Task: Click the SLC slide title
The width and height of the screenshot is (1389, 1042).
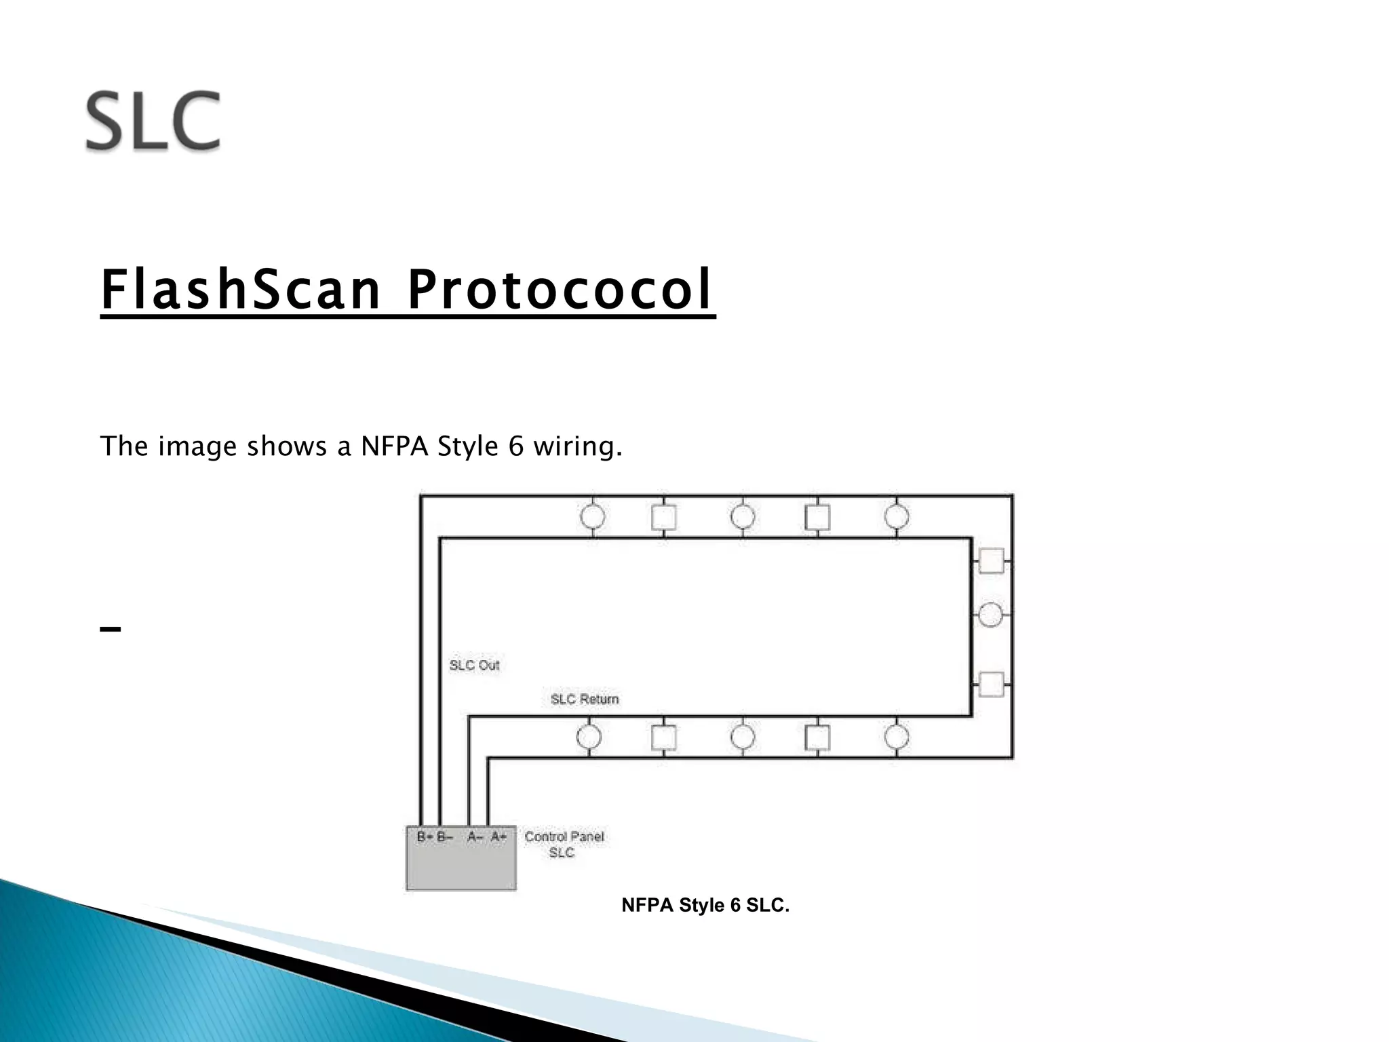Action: click(153, 122)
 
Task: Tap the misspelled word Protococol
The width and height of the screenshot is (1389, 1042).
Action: click(559, 290)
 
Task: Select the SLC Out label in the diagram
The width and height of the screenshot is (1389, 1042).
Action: click(474, 665)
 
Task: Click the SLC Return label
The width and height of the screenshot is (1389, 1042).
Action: click(585, 699)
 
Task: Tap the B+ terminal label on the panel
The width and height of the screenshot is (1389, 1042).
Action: click(425, 837)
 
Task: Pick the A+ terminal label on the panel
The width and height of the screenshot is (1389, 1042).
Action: click(498, 837)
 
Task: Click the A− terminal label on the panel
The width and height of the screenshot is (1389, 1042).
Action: click(475, 837)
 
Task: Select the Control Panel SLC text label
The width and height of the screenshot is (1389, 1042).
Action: click(564, 845)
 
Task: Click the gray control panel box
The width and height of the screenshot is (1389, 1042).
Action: click(461, 866)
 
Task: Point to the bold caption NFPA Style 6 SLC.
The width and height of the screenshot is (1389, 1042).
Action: click(705, 906)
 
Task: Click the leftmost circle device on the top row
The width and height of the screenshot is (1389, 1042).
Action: click(593, 517)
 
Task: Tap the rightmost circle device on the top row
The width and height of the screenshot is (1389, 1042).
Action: click(897, 517)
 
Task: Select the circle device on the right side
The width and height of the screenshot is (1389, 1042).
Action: click(991, 615)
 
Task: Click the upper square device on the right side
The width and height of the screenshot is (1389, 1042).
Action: click(991, 561)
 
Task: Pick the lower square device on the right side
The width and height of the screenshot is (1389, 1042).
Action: click(991, 684)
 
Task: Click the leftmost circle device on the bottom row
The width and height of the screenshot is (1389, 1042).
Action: click(589, 737)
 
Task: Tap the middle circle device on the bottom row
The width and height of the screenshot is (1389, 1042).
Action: click(743, 737)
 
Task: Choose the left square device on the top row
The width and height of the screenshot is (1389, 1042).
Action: click(663, 518)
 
